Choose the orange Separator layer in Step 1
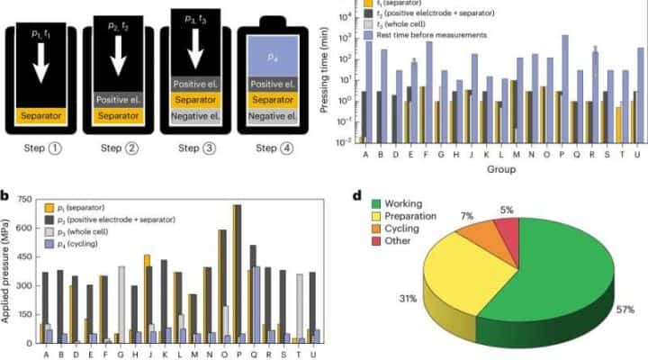click(x=41, y=115)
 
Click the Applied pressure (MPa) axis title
click(x=8, y=269)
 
